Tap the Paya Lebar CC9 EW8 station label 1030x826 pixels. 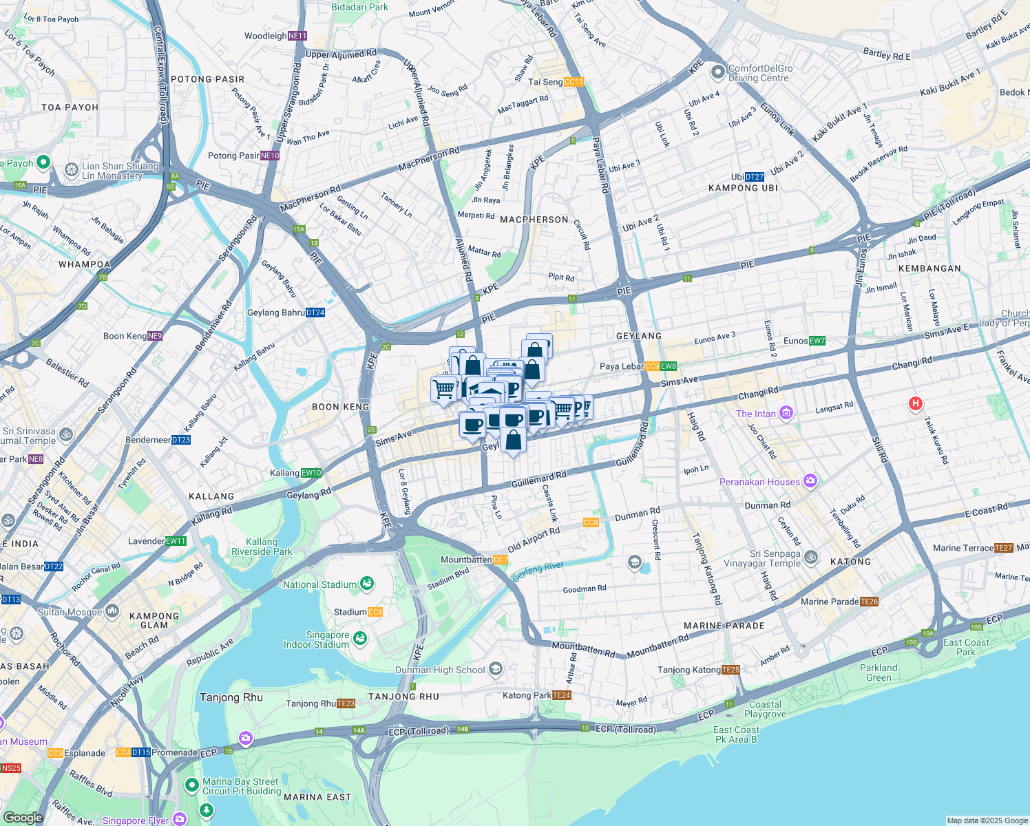tap(638, 366)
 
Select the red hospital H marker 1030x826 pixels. tap(915, 404)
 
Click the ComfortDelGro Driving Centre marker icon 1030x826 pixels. tap(718, 72)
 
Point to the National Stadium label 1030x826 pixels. tap(320, 584)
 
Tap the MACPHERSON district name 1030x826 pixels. tap(534, 220)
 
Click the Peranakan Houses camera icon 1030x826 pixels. tap(810, 481)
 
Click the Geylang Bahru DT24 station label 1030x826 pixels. tap(286, 313)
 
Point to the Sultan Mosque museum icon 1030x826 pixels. tap(112, 611)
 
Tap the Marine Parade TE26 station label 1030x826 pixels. tap(839, 602)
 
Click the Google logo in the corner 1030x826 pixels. tap(23, 817)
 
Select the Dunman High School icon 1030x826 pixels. tap(496, 669)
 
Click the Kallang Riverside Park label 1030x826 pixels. tap(262, 547)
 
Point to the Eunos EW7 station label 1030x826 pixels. tap(804, 341)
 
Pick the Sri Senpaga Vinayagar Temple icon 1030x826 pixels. tap(811, 558)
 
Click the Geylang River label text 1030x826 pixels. tap(538, 571)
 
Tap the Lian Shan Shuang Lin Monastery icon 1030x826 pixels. tap(71, 169)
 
